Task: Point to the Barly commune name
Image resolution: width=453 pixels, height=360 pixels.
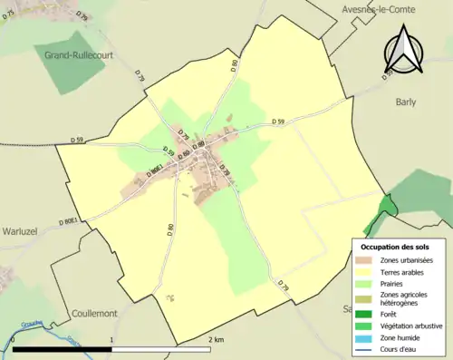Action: [405, 102]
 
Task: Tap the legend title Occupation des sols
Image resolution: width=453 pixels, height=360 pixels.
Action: [395, 247]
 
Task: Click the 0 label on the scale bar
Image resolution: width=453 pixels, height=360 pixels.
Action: [14, 339]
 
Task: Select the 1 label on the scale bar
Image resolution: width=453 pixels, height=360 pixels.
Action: [111, 339]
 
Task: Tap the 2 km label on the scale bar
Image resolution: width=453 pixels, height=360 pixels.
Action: [214, 339]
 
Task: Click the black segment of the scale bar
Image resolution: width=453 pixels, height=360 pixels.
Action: [62, 349]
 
